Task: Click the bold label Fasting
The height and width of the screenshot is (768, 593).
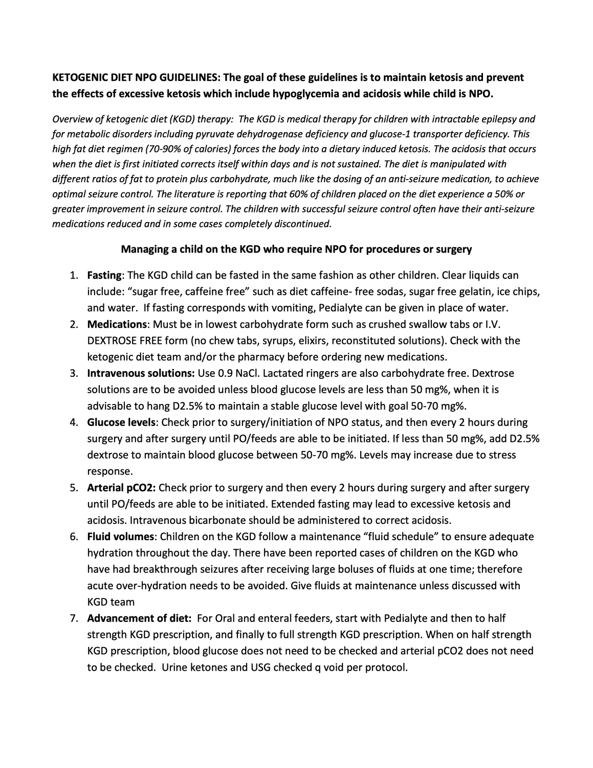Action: click(104, 275)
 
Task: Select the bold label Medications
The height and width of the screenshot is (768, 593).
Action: click(117, 325)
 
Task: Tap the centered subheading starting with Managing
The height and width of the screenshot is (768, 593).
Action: click(296, 250)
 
